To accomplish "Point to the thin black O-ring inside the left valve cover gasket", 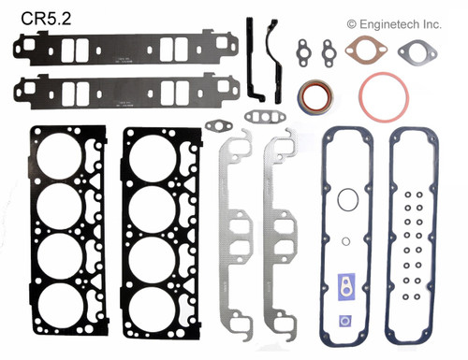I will coord(346,199).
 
